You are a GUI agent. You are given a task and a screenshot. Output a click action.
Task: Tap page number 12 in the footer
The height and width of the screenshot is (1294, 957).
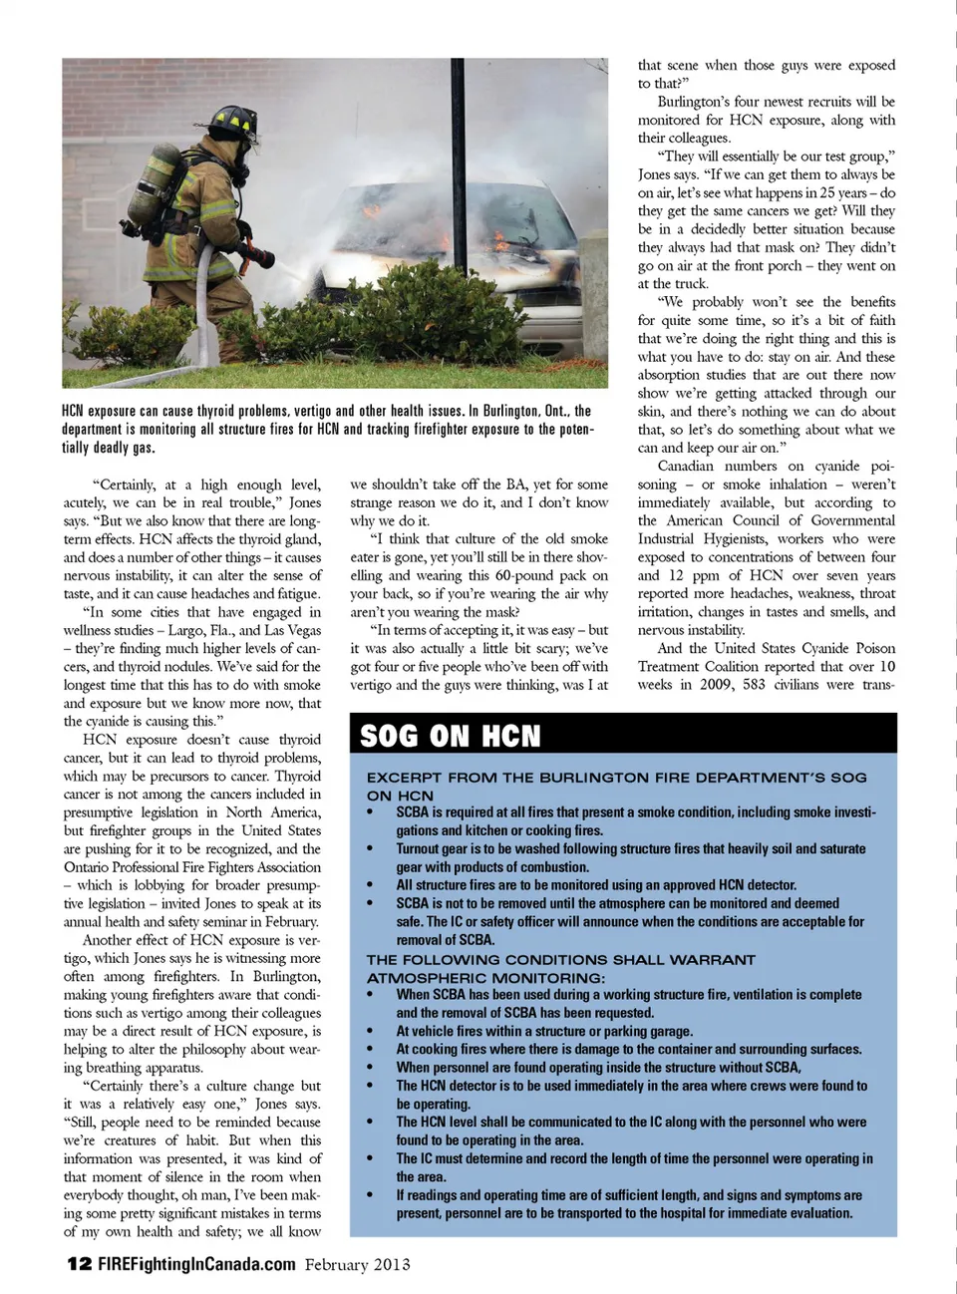click(x=79, y=1264)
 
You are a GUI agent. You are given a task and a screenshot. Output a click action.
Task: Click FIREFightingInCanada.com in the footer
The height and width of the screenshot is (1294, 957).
click(x=196, y=1264)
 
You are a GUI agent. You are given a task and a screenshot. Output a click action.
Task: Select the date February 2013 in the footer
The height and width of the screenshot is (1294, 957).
click(x=357, y=1264)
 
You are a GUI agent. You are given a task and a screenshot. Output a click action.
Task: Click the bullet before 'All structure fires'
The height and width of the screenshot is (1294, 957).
click(x=371, y=885)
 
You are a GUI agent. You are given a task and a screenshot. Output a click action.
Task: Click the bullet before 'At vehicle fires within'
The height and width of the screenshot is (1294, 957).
click(x=371, y=1032)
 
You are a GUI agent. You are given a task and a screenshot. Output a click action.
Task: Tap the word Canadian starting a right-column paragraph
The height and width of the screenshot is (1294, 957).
click(x=686, y=466)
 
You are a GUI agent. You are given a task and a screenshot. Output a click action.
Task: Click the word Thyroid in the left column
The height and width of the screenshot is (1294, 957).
click(x=297, y=776)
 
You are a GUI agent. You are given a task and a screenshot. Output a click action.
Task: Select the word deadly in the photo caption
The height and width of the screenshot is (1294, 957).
click(x=110, y=448)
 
